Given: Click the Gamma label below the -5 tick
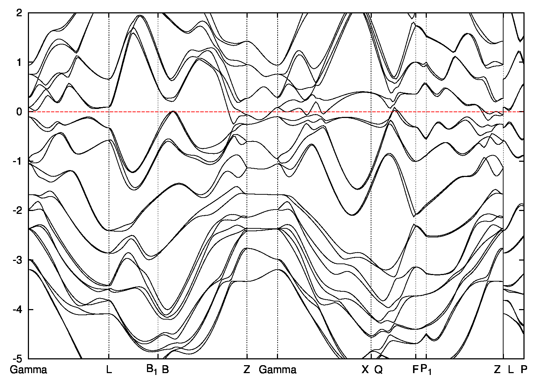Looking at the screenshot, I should (29, 370).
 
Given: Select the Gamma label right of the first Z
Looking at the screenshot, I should (278, 370).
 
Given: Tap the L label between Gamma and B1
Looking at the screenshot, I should (109, 370).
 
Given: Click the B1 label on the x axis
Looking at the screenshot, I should (152, 370).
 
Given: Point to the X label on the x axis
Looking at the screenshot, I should (365, 370).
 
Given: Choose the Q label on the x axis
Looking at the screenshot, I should (378, 370).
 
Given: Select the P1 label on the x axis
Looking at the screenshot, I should (426, 370).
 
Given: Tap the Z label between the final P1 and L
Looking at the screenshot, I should (497, 370).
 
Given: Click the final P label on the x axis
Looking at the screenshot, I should (523, 370).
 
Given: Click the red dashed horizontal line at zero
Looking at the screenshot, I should (203, 112).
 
